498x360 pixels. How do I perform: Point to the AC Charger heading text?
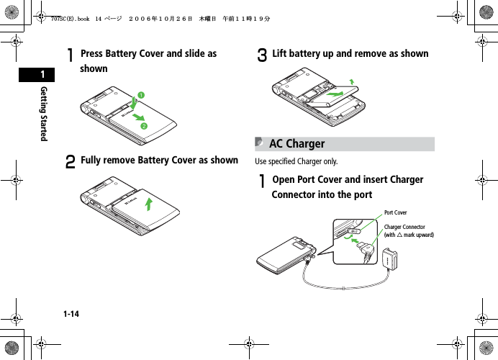coord(296,144)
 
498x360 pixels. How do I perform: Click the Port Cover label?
coord(395,212)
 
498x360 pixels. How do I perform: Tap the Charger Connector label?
coord(404,227)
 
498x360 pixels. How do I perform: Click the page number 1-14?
coord(71,314)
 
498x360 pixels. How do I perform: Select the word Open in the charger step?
coord(286,179)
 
